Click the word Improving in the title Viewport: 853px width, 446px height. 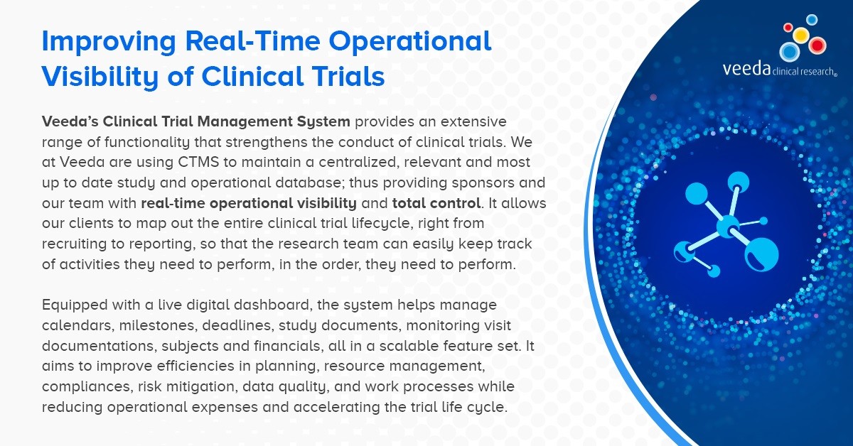click(x=109, y=42)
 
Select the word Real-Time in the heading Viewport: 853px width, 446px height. click(x=252, y=40)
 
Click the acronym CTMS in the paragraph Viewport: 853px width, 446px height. click(x=198, y=162)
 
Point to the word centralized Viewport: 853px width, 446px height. click(x=359, y=162)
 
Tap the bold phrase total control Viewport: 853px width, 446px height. click(x=436, y=203)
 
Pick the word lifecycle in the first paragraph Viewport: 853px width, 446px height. click(x=382, y=224)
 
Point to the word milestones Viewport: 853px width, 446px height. click(x=158, y=325)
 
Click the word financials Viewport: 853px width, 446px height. click(x=287, y=346)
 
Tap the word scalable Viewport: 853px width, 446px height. click(x=409, y=346)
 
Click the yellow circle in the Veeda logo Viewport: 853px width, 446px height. click(x=800, y=35)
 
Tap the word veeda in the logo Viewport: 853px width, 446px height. click(x=746, y=69)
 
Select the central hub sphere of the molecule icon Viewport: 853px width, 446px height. click(x=728, y=227)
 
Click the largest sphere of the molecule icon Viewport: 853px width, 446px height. click(x=761, y=254)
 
